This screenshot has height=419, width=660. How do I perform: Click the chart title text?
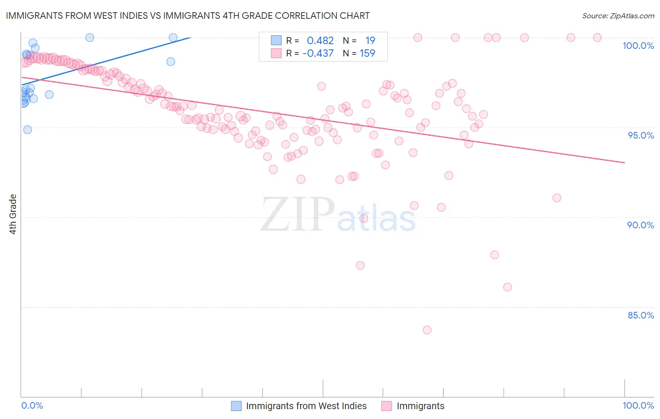[x=188, y=16]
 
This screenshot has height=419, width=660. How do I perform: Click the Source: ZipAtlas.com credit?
[x=618, y=16]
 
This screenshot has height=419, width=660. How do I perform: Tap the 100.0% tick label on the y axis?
[x=638, y=46]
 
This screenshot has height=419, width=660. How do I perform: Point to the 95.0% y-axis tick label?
[x=640, y=135]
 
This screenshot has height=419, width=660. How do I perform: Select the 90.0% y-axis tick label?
[x=640, y=225]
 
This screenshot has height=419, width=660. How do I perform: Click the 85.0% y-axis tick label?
[x=640, y=315]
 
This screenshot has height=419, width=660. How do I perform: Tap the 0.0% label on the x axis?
[x=32, y=405]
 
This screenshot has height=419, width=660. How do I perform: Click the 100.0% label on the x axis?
[x=638, y=405]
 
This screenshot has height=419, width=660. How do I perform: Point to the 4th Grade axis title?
[x=13, y=214]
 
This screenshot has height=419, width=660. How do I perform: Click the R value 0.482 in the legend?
[x=320, y=41]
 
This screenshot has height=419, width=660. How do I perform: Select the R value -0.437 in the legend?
[x=318, y=54]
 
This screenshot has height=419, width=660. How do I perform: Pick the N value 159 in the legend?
[x=367, y=54]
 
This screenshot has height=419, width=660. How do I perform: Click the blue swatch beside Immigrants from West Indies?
[x=237, y=406]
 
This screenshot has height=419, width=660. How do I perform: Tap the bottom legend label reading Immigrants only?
[x=420, y=406]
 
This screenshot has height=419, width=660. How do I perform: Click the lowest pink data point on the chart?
[x=427, y=330]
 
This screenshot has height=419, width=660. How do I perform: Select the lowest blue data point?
[x=28, y=130]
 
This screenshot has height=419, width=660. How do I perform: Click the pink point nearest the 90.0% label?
[x=557, y=198]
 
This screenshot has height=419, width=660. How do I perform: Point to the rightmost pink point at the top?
[x=597, y=38]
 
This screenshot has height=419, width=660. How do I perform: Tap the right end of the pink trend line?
[x=624, y=163]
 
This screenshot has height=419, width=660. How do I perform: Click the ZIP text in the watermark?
[x=298, y=215]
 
